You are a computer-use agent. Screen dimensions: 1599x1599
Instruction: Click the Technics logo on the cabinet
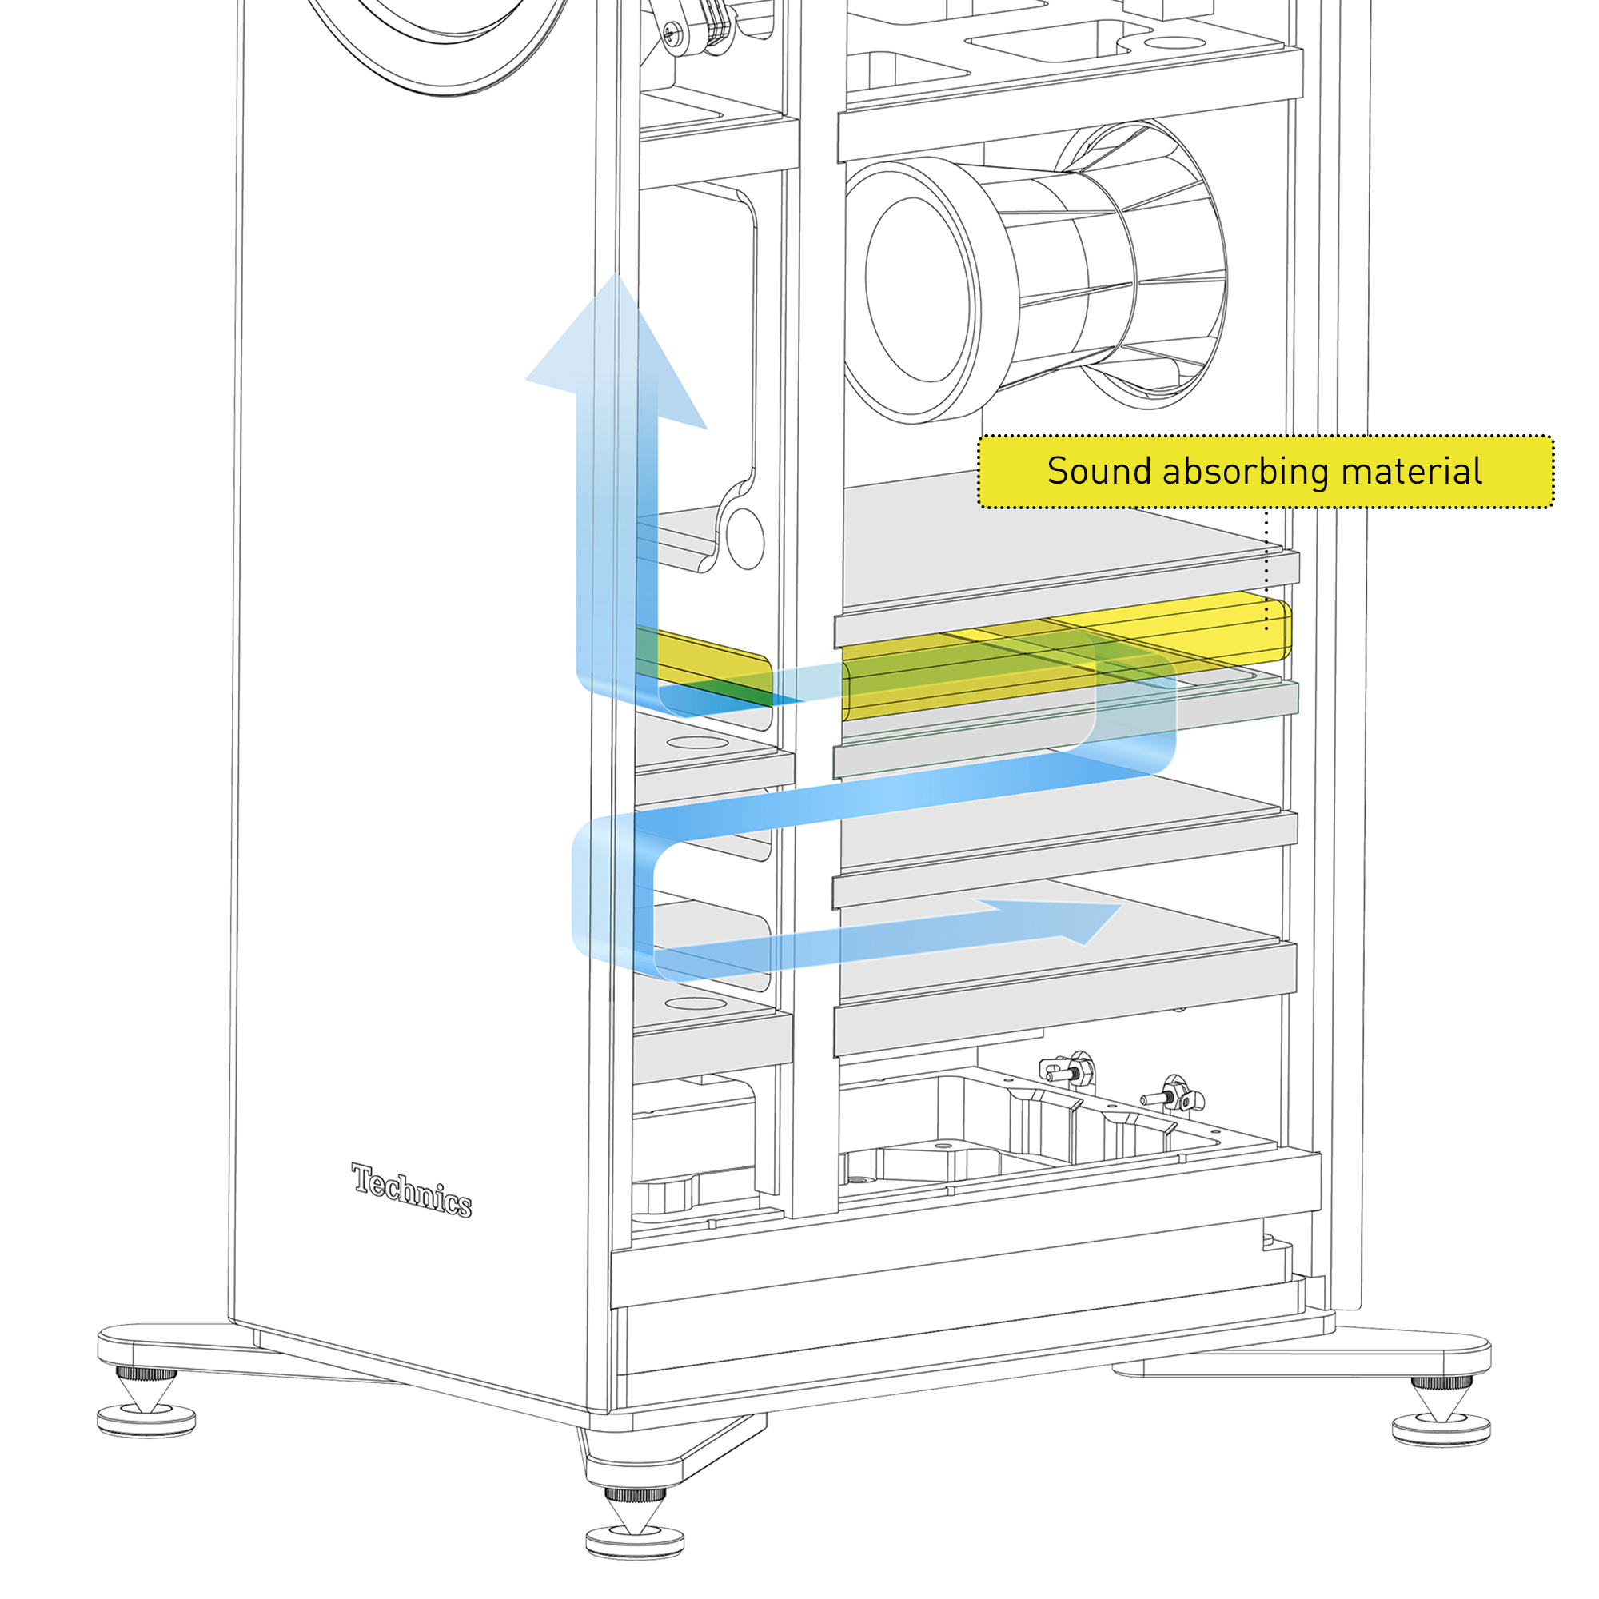pos(411,1190)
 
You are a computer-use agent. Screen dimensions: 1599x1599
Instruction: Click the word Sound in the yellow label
pos(1099,472)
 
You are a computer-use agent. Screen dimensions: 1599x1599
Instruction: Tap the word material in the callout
pos(1411,472)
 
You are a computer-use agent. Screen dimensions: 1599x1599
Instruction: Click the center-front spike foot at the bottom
pos(635,1520)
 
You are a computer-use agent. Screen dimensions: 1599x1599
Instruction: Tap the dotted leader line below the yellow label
pos(1266,571)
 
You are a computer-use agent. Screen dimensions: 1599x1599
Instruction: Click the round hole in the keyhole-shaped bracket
pos(744,538)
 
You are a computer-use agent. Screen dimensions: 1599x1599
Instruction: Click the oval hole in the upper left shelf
pos(697,743)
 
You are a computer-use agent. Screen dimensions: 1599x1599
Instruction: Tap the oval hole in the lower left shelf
pos(696,1003)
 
